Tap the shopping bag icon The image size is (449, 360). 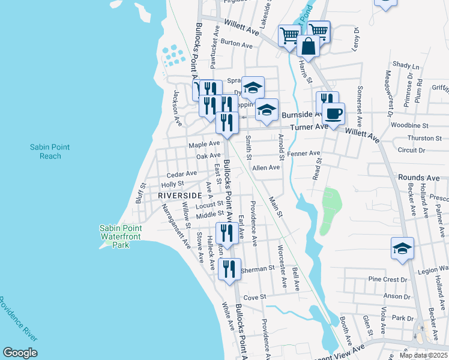tap(308, 46)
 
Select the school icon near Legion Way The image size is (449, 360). tap(402, 249)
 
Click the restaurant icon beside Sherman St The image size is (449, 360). tap(229, 269)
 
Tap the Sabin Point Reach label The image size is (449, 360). tap(46, 151)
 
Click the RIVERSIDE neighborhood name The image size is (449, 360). tap(180, 196)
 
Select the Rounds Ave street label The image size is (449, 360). tap(418, 178)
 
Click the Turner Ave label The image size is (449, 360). tap(310, 127)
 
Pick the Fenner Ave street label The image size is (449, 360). tap(303, 154)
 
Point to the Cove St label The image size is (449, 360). tap(255, 297)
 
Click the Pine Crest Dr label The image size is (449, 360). tap(388, 280)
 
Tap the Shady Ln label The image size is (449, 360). tap(406, 65)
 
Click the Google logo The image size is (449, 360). tap(20, 352)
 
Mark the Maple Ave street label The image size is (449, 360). tap(204, 145)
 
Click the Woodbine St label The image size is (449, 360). tap(409, 126)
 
